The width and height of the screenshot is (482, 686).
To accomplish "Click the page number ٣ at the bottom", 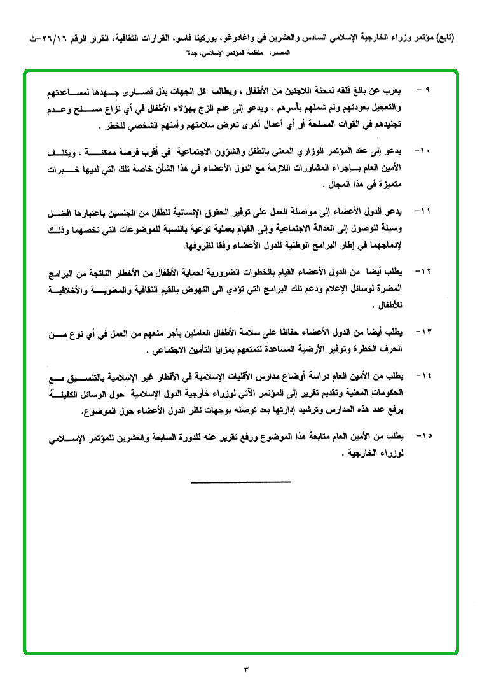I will [244, 669].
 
